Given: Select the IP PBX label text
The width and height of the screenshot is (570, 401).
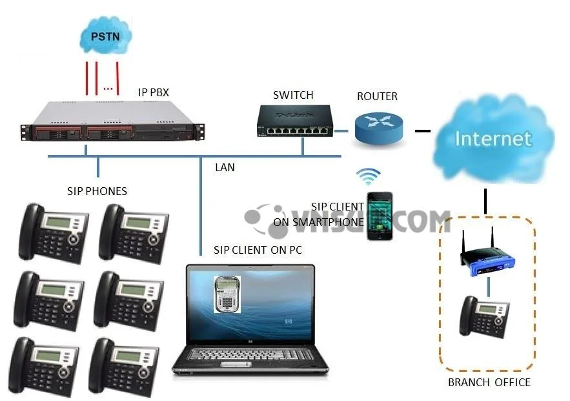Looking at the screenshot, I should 154,92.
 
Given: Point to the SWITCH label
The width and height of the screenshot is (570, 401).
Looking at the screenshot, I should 293,96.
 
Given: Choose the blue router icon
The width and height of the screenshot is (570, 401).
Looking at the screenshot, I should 378,127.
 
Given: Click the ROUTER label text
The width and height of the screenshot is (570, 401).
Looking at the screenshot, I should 378,96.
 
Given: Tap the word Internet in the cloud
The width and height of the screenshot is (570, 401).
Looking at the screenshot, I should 493,138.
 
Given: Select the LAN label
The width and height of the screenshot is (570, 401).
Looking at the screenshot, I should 225,168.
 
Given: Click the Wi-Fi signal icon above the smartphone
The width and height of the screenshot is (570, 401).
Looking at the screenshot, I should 371,176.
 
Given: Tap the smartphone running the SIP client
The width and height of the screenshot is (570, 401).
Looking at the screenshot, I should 380,216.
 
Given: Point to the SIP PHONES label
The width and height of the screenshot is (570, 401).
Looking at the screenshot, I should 97,192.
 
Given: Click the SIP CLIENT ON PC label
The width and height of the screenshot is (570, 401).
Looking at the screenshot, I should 258,250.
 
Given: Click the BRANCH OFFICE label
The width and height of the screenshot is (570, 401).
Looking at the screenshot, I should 489,382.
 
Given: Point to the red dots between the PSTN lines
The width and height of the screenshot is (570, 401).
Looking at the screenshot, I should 108,88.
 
